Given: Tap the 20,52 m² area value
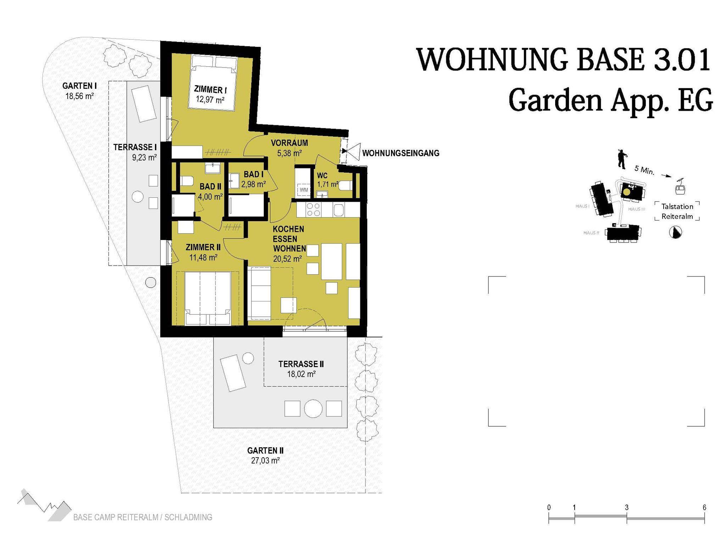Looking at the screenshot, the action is (287, 259).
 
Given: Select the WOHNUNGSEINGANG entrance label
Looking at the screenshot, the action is (401, 153).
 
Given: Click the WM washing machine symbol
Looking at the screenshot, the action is (304, 190).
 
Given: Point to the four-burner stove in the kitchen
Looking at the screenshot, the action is (313, 209).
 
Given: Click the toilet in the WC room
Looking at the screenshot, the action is (346, 185).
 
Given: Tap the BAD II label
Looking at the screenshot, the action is (210, 186).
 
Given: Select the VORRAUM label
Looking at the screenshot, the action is (289, 143).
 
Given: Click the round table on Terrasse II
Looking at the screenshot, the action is (313, 408).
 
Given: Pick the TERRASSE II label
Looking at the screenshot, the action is (301, 364).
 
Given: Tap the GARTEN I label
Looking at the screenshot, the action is (79, 86).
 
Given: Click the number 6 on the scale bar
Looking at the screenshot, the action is (704, 507).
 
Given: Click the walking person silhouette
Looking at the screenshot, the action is (621, 159).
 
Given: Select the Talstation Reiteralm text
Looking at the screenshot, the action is (677, 211).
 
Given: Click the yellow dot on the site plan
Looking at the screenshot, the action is (627, 192).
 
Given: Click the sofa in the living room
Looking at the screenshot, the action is (259, 293).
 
